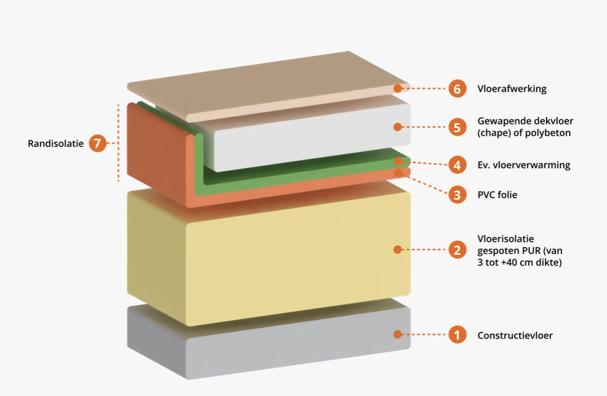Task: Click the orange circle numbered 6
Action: (x=457, y=89)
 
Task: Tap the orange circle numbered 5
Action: (x=457, y=127)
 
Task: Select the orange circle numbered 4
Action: (x=457, y=165)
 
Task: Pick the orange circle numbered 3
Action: (x=457, y=194)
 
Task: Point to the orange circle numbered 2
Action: (x=457, y=250)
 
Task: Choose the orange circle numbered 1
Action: (x=457, y=335)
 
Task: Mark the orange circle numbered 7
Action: (x=98, y=143)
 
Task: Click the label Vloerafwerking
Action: (x=512, y=89)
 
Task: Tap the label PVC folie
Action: (x=497, y=194)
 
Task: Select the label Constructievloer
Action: (x=515, y=335)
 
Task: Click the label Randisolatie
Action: (x=56, y=143)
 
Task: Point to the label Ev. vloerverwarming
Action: (x=524, y=165)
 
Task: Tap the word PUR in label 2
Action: (x=533, y=251)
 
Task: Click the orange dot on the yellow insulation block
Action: (x=397, y=250)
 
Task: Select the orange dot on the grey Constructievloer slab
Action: (x=397, y=334)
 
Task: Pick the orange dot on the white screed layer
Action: (x=397, y=127)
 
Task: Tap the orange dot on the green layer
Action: (x=399, y=161)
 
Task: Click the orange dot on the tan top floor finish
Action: (x=397, y=88)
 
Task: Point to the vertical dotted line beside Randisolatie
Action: (x=118, y=143)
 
